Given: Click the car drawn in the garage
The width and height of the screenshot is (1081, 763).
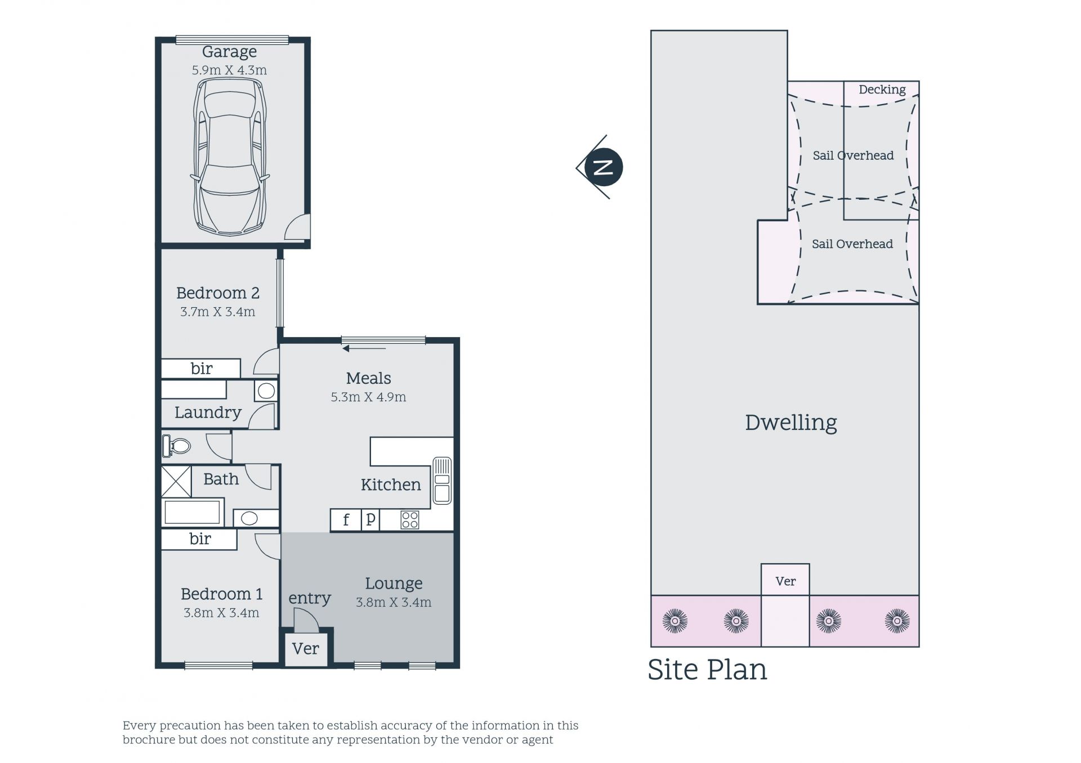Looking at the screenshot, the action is tap(230, 156).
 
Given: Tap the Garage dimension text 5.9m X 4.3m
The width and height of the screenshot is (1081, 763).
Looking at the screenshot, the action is tap(229, 70).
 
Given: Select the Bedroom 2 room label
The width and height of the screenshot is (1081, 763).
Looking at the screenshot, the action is tap(218, 293).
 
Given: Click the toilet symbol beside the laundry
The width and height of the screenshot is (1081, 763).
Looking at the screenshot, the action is tap(176, 446).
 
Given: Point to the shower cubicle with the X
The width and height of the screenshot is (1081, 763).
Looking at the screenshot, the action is tap(176, 481).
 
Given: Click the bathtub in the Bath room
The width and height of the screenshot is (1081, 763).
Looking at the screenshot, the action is tap(192, 512).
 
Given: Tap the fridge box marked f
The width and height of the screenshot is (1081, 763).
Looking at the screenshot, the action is tap(346, 520).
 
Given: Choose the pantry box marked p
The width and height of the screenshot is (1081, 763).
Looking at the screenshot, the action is tap(370, 520).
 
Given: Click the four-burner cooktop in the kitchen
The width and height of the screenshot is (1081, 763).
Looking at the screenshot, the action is tap(409, 520).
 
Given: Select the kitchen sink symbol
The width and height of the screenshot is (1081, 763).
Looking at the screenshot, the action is tap(442, 481).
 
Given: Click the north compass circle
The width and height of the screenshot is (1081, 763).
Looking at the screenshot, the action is tap(604, 167).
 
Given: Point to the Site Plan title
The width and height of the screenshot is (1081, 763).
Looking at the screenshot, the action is tap(707, 670).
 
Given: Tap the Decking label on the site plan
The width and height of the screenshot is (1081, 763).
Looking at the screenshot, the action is tap(882, 89).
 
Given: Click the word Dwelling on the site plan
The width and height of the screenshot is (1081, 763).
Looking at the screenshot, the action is tap(790, 423).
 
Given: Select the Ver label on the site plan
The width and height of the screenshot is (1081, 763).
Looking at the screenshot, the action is tap(785, 581).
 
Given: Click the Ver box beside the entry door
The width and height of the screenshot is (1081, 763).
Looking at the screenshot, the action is tap(306, 649).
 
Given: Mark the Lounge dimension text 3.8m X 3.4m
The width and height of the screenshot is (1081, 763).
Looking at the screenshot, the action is tap(394, 603).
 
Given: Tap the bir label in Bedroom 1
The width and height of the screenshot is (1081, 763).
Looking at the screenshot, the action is tap(200, 539).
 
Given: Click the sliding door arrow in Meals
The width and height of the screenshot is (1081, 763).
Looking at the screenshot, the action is tap(364, 349).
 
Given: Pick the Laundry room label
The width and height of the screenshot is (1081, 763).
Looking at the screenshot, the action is tap(208, 412).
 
